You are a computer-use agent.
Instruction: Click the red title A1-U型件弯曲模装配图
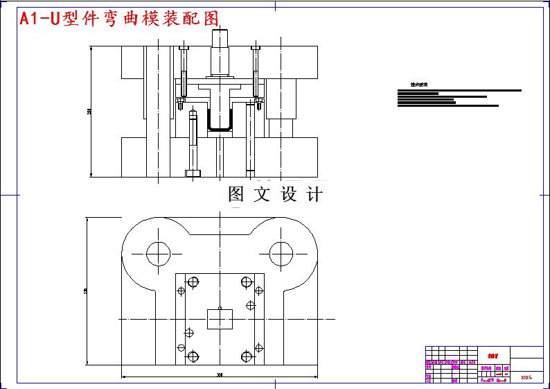click(119, 19)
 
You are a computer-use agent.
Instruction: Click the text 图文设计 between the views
click(275, 195)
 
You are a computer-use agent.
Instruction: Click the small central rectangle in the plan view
click(220, 319)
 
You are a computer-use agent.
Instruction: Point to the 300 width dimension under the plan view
click(220, 375)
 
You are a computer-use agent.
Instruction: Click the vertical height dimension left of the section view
click(89, 111)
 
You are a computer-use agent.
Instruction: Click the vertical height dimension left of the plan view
click(85, 291)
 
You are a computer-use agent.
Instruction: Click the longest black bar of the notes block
click(459, 90)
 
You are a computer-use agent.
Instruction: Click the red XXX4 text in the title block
click(526, 378)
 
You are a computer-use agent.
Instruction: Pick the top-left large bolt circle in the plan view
click(193, 282)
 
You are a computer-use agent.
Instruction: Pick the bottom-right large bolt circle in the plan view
click(247, 357)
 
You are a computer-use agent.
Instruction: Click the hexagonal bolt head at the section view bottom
click(192, 172)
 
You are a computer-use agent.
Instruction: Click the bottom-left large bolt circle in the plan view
click(193, 357)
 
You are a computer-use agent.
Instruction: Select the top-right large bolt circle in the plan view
click(247, 282)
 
